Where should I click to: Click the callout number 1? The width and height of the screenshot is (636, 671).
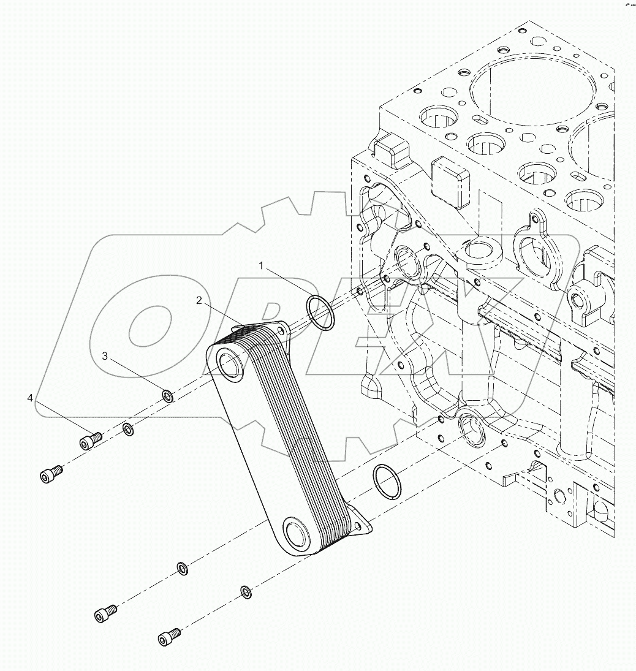tap(261, 266)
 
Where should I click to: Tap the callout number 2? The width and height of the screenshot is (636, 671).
tap(199, 300)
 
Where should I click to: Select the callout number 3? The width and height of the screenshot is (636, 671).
tap(105, 356)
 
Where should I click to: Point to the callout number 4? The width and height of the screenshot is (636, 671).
tap(30, 399)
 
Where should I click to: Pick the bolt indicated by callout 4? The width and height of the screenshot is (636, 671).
tap(89, 441)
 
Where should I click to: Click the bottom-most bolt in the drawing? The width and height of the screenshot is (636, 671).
tap(169, 637)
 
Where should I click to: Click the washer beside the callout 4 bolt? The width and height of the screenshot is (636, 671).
tap(127, 430)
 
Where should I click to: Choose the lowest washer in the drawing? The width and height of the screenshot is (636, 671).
tap(246, 592)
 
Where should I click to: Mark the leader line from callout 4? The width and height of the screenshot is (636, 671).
tap(58, 419)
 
